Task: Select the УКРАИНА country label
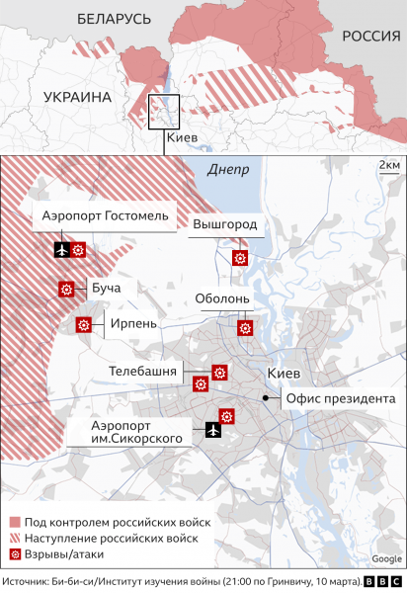click(x=77, y=97)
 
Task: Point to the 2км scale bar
click(x=388, y=165)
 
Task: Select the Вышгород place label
click(x=224, y=224)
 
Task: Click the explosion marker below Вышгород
click(x=239, y=258)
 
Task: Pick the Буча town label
click(x=106, y=289)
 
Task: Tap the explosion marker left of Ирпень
click(x=85, y=324)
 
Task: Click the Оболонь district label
click(x=229, y=297)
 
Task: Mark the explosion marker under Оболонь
click(x=244, y=328)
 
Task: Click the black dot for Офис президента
click(x=266, y=397)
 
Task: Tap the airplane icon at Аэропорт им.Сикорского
click(x=211, y=429)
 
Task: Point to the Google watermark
click(x=385, y=559)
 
